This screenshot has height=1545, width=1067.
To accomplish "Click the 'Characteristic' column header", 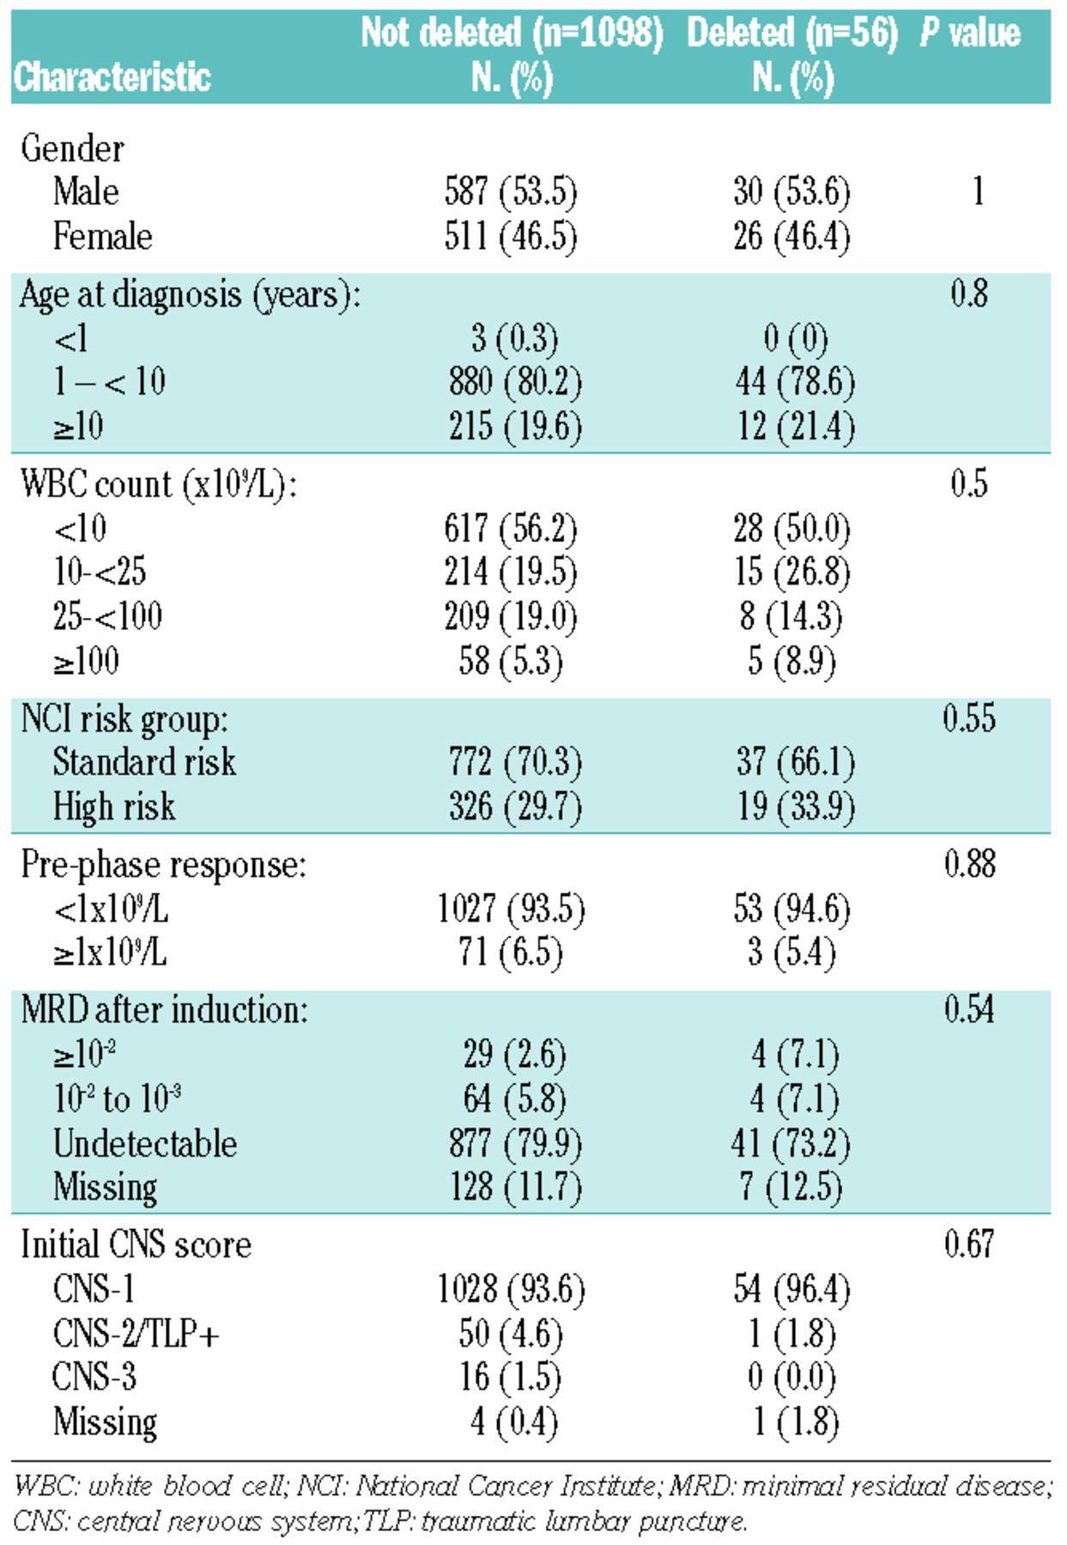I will click(112, 77).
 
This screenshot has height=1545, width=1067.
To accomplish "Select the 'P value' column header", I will click(970, 33).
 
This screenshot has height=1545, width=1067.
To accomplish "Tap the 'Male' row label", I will click(86, 191).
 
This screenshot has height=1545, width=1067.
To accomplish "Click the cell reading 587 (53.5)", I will click(511, 191).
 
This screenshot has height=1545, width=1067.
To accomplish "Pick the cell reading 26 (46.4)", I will click(791, 236).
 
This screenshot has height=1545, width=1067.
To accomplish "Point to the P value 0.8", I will click(969, 294).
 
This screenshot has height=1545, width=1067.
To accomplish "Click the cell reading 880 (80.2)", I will click(515, 382).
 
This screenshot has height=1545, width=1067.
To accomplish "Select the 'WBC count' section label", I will click(158, 484).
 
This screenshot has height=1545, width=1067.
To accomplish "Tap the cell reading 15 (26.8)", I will click(791, 572).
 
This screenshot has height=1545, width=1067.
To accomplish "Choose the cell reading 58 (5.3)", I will click(511, 661).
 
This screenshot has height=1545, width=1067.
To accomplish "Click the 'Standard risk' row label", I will click(144, 761).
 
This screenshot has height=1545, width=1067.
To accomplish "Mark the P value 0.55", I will click(969, 718).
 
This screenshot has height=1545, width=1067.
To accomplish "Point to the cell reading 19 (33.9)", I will click(796, 806).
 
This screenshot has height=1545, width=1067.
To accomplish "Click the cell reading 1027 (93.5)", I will click(511, 908).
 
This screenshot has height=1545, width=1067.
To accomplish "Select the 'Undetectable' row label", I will click(145, 1143).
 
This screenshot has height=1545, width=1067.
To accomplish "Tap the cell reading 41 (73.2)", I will click(791, 1143).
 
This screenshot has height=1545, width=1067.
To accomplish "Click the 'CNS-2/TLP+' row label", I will click(136, 1333).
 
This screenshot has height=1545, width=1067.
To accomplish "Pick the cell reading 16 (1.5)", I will click(511, 1377).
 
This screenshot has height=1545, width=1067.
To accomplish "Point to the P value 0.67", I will click(969, 1244).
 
